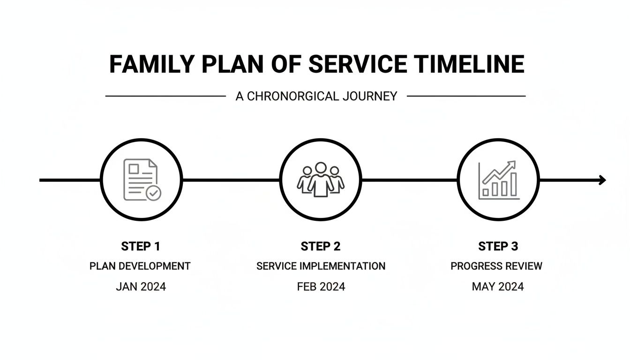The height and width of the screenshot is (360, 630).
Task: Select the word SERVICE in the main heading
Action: click(x=350, y=64)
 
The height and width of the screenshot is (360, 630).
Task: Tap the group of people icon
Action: click(x=321, y=180)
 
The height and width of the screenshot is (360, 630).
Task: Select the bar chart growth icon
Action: click(x=498, y=180)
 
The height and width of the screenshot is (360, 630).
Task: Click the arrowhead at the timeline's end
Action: click(x=602, y=180)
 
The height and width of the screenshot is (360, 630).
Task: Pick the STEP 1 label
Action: click(x=141, y=247)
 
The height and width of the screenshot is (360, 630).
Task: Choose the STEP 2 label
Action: click(x=321, y=247)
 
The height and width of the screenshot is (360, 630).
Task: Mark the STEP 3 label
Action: click(x=498, y=247)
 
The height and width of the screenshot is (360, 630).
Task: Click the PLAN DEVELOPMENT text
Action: click(x=140, y=266)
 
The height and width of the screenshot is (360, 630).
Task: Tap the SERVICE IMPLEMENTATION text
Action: click(x=321, y=266)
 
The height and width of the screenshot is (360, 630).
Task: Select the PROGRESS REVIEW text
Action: click(x=496, y=266)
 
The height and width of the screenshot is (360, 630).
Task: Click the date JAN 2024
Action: click(x=141, y=287)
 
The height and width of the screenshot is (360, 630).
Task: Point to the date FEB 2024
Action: click(x=321, y=287)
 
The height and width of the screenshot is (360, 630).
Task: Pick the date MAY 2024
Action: click(x=497, y=287)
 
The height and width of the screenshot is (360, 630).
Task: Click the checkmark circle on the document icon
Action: click(x=153, y=192)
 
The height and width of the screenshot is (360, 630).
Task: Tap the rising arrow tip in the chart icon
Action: click(x=513, y=164)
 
